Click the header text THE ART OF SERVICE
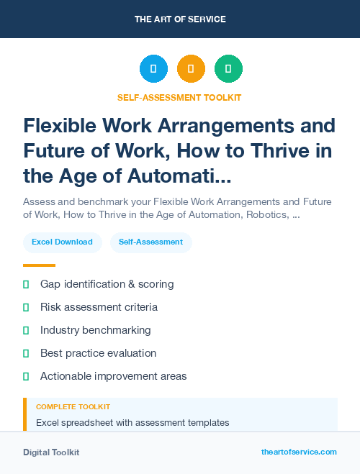click(x=180, y=19)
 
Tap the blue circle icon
click(x=153, y=68)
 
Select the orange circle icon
click(x=191, y=68)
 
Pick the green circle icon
click(x=228, y=68)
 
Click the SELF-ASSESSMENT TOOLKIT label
click(x=180, y=97)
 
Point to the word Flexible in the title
click(x=63, y=127)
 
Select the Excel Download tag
click(x=62, y=242)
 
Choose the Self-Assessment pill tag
click(x=151, y=242)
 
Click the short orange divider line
click(x=39, y=265)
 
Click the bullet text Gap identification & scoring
click(x=107, y=284)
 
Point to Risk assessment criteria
click(x=99, y=307)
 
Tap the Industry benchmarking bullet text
click(x=95, y=330)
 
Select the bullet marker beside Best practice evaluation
click(x=26, y=353)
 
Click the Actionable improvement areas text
click(x=113, y=376)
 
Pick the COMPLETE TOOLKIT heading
click(x=73, y=407)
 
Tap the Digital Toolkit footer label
click(x=51, y=452)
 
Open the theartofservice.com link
click(x=299, y=452)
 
